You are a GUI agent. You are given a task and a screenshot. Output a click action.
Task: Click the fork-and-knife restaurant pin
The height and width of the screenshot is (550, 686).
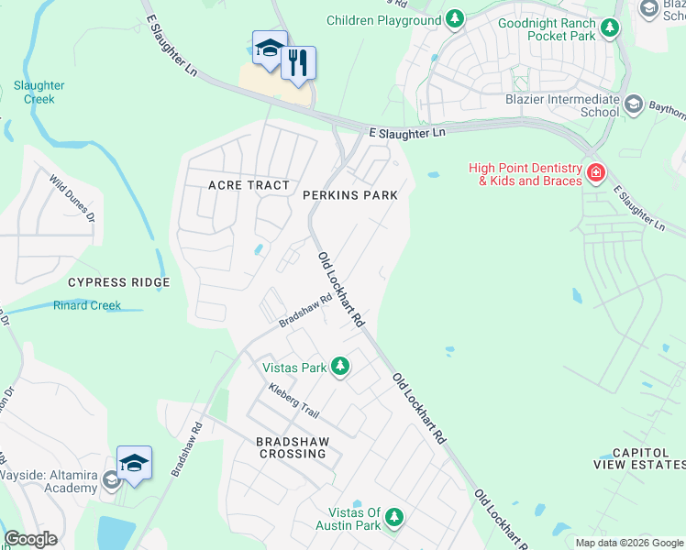[x=298, y=62]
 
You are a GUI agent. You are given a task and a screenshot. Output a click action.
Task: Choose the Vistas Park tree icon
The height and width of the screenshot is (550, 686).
[x=340, y=368]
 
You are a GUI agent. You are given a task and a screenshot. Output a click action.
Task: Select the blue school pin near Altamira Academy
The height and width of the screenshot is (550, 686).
[x=134, y=464]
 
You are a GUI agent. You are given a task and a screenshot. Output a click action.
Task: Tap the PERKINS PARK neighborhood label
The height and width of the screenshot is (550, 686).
[x=350, y=195]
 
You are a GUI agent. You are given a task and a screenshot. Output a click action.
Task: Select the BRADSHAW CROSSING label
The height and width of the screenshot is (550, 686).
[x=293, y=447]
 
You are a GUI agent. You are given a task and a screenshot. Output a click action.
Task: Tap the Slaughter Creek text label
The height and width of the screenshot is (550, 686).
[x=39, y=92]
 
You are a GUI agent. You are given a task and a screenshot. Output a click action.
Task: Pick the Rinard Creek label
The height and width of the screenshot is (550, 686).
[x=86, y=305]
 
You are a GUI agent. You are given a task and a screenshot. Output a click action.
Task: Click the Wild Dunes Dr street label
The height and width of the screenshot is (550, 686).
[x=72, y=200]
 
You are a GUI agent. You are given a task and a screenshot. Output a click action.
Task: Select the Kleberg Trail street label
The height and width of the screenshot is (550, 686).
[x=293, y=401]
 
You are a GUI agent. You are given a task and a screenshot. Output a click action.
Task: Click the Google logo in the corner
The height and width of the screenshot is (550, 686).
[x=29, y=539]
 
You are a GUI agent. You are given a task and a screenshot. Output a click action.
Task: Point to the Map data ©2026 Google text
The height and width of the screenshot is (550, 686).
[x=629, y=543]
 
